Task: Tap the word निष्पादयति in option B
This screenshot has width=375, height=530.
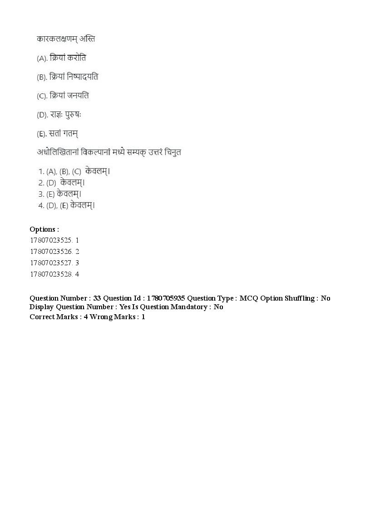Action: (82, 77)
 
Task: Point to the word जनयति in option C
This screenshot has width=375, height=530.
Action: (78, 96)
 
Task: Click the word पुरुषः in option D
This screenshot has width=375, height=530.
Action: (74, 115)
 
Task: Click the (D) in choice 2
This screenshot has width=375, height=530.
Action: (51, 183)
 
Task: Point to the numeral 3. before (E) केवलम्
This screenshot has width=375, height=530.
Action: (41, 194)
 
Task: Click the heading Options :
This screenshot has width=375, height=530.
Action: (44, 229)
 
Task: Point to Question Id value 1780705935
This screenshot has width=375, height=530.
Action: (166, 298)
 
